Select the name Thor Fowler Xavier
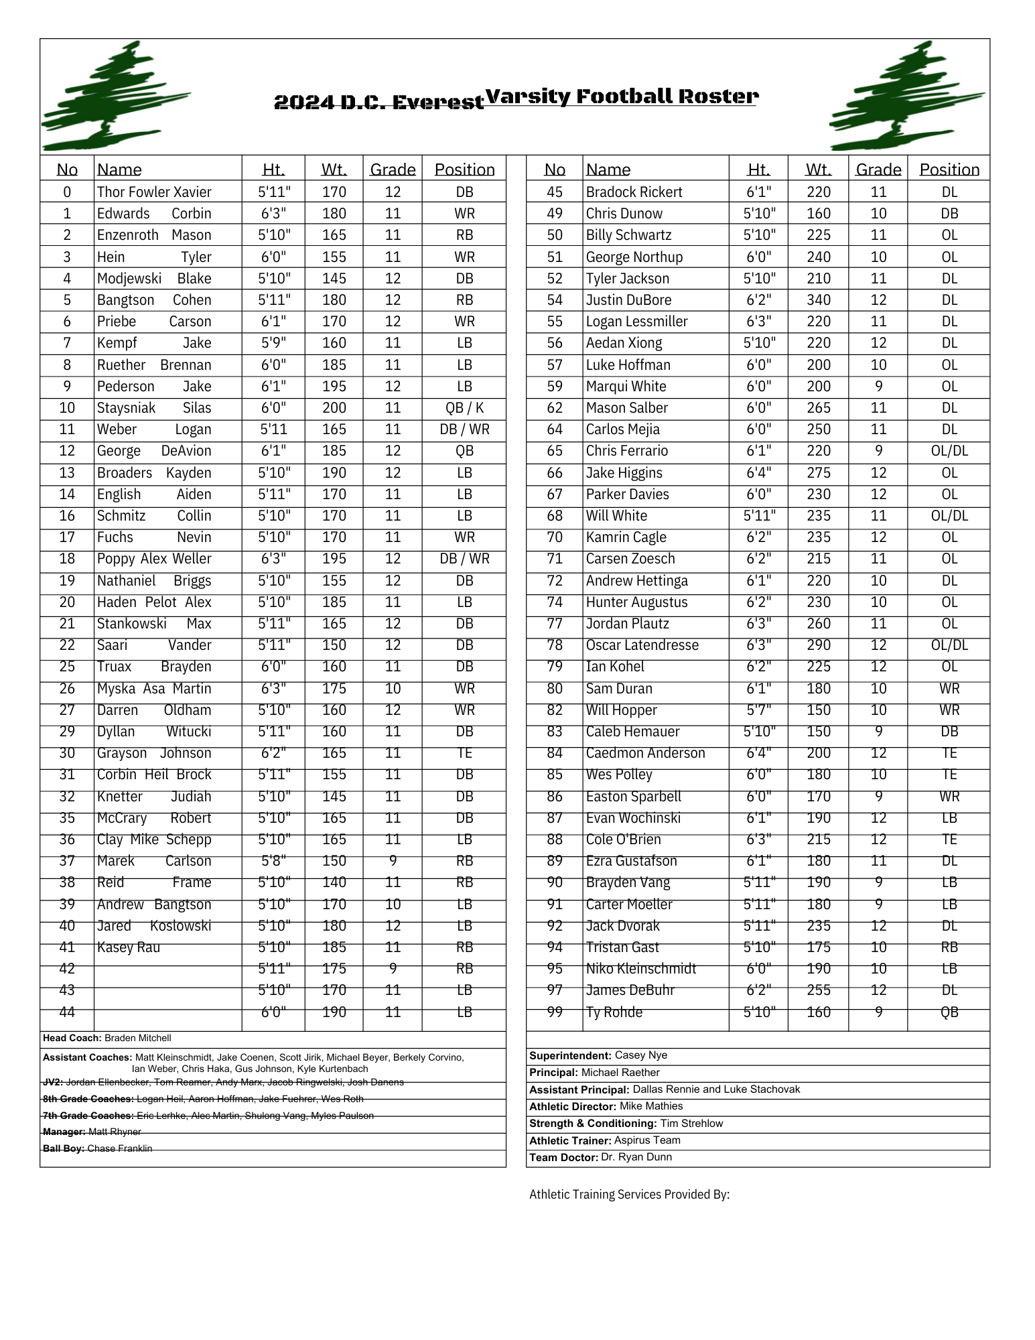tap(154, 192)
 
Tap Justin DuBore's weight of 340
tap(818, 300)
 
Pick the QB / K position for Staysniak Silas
tap(464, 408)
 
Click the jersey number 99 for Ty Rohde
tap(555, 1012)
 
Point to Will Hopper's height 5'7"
tap(758, 710)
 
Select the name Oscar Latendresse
tap(642, 645)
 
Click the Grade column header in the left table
tap(393, 170)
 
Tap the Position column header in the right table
tap(949, 170)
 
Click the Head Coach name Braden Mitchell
tap(138, 1038)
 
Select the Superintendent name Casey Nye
tap(640, 1055)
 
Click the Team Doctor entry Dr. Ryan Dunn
tap(636, 1157)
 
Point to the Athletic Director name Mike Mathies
tap(650, 1106)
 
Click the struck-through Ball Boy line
tap(98, 1148)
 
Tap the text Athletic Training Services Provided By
tap(629, 1195)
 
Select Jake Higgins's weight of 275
tap(818, 473)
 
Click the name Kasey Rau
tap(129, 947)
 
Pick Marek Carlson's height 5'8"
tap(273, 861)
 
